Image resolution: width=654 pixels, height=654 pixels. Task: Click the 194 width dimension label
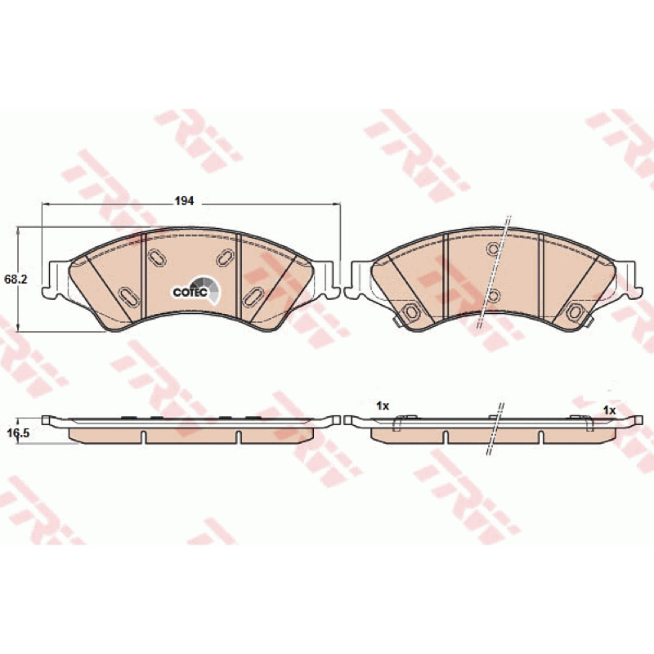tap(184, 201)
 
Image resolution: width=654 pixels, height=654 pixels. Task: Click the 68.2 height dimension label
tap(16, 280)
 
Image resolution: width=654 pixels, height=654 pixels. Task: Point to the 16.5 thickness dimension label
tap(18, 433)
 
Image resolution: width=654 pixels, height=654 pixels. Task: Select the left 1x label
tap(383, 405)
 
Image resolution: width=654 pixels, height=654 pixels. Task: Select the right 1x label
tap(609, 410)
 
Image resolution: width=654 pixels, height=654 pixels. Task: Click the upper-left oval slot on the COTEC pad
tap(158, 257)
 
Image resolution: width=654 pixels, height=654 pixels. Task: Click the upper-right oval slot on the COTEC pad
tap(226, 257)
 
